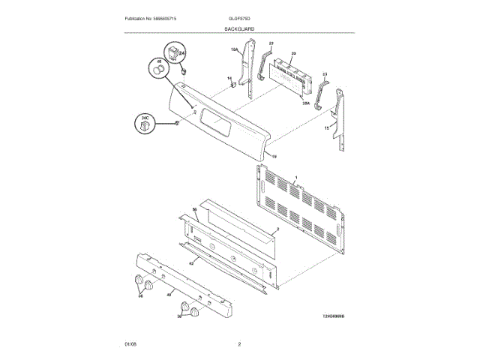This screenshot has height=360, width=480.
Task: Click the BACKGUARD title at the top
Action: pos(239,28)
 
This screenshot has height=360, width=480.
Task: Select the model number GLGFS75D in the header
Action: pos(240,17)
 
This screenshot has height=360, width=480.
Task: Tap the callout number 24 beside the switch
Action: pos(181,54)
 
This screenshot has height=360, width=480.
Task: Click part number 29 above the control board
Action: pos(294,53)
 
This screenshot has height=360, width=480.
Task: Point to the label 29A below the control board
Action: pos(306,105)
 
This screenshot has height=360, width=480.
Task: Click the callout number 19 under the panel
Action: pos(274,156)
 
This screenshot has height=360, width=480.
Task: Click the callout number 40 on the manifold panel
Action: pos(169,295)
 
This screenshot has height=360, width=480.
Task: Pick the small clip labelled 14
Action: pos(233,84)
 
